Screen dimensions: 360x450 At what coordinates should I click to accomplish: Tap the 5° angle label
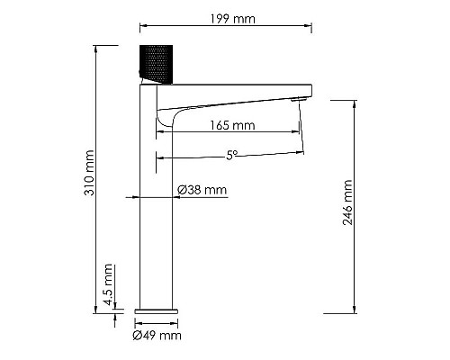pos(231,155)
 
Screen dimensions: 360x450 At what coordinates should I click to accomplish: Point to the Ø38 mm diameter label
pos(202,190)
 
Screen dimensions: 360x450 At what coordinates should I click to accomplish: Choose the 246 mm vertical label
pos(346,205)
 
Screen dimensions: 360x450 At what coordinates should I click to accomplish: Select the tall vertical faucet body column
pos(155,207)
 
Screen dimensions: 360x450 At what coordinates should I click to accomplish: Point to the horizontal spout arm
pos(238,91)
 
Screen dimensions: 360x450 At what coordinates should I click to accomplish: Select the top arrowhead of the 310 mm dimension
pos(97,47)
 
